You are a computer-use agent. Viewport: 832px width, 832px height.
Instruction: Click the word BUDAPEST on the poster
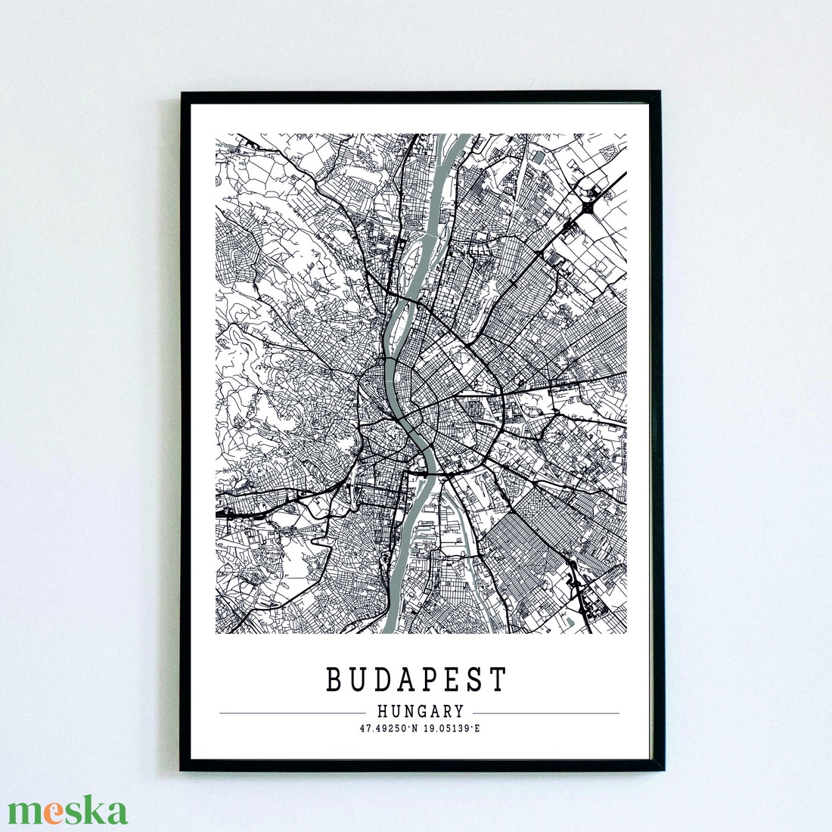pyautogui.click(x=416, y=680)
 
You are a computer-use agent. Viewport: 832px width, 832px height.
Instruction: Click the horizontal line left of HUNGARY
pyautogui.click(x=291, y=713)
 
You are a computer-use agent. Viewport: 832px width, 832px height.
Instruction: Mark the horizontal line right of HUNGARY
pyautogui.click(x=545, y=713)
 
